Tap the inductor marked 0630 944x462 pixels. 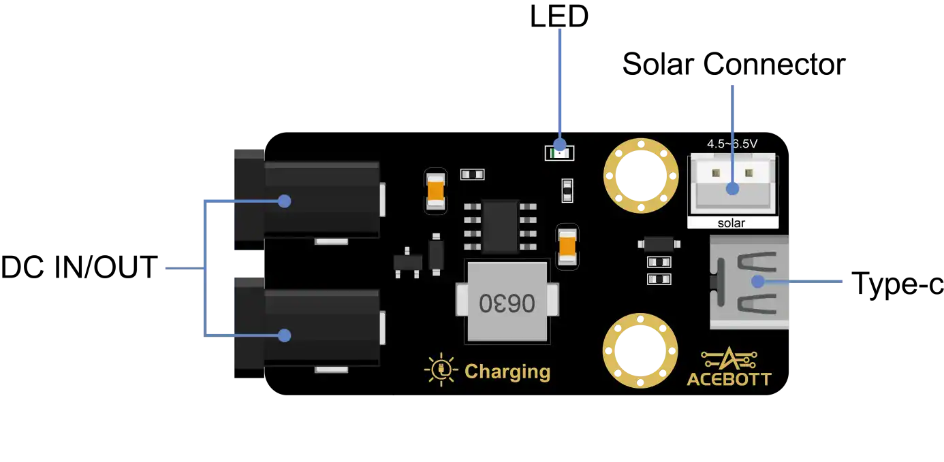[507, 302]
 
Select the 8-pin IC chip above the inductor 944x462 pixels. [500, 226]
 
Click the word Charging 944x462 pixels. [507, 372]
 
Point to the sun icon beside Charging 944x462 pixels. [441, 369]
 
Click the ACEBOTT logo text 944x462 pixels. [729, 378]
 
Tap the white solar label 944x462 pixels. [732, 223]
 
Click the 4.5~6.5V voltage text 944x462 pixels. [732, 144]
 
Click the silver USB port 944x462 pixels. [749, 282]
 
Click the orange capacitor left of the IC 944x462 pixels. [435, 191]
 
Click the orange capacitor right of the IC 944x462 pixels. [567, 246]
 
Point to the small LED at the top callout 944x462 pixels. [559, 153]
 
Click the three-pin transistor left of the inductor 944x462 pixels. [407, 263]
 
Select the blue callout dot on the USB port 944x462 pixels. [757, 281]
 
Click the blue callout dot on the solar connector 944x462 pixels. [733, 188]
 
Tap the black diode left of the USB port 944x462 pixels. [659, 243]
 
